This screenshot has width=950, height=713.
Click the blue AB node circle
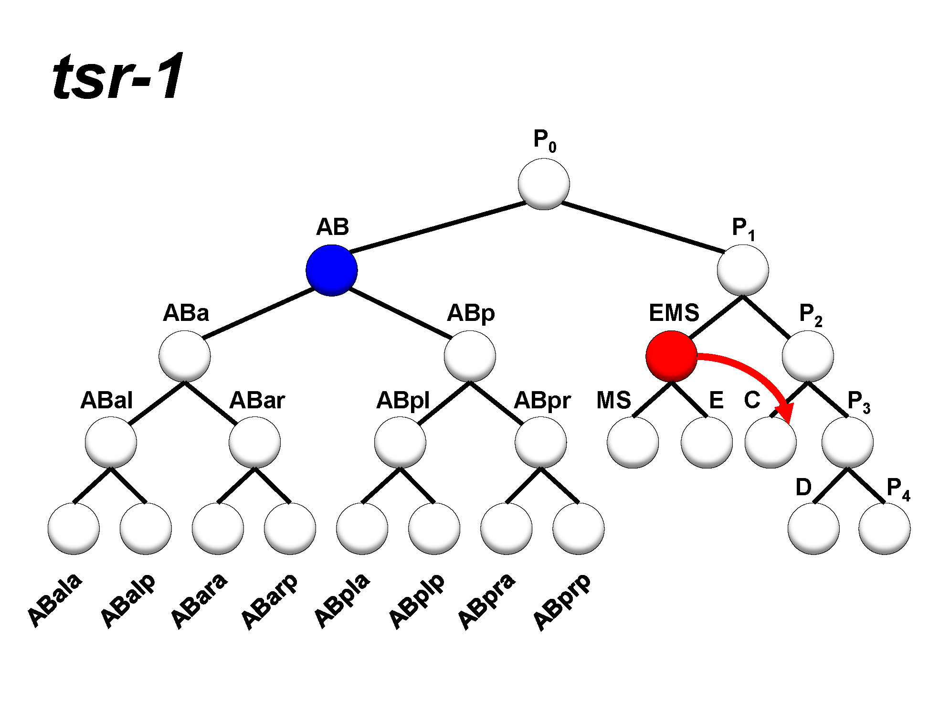pyautogui.click(x=331, y=270)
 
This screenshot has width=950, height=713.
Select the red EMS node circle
pyautogui.click(x=671, y=356)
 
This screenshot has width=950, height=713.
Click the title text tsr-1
pyautogui.click(x=117, y=76)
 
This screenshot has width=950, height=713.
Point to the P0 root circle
pyautogui.click(x=544, y=184)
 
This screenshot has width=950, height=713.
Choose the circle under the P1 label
pyautogui.click(x=743, y=270)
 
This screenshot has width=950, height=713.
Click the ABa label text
pyautogui.click(x=186, y=313)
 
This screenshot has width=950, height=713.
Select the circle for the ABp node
pyautogui.click(x=470, y=356)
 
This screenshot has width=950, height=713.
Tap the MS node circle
pyautogui.click(x=633, y=442)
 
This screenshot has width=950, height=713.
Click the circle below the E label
pyautogui.click(x=707, y=442)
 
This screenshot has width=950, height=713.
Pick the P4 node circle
pyautogui.click(x=884, y=529)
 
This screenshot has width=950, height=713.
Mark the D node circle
pyautogui.click(x=813, y=529)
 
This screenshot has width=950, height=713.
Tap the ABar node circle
pyautogui.click(x=254, y=442)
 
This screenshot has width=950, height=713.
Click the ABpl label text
pyautogui.click(x=403, y=400)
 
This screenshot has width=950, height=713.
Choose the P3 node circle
pyautogui.click(x=847, y=442)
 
